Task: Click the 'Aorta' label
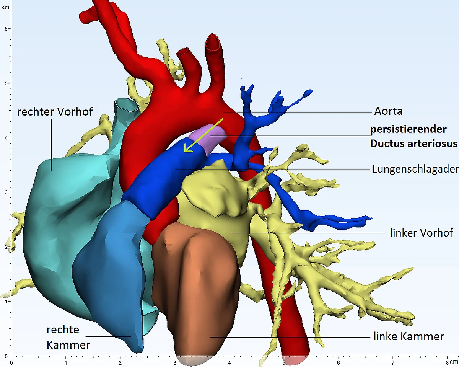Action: coord(388,111)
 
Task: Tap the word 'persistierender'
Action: coord(408,129)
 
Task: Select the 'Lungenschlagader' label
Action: coord(415,169)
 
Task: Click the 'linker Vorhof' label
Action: coord(422,233)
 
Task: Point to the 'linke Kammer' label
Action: coord(409,336)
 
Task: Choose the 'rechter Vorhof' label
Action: coord(55,112)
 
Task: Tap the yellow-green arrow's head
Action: coord(187,149)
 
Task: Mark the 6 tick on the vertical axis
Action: coord(10,29)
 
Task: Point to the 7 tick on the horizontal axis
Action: coord(393,357)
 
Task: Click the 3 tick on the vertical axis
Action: coord(10,192)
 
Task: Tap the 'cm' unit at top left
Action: coord(5,7)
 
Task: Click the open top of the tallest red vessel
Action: coord(213,43)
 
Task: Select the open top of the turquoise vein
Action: coord(127,105)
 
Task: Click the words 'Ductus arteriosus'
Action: coord(414,144)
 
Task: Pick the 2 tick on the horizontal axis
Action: coord(120,357)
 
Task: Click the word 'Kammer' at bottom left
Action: coord(68,345)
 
